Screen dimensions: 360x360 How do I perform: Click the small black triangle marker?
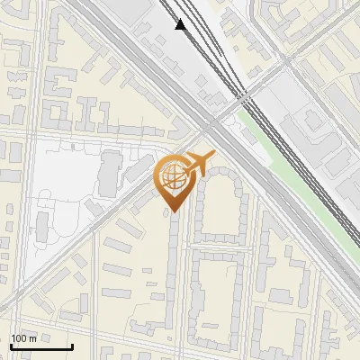click(x=182, y=24)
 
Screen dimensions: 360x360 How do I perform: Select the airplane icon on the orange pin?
click(x=200, y=164)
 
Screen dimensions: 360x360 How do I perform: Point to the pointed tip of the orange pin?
click(x=173, y=212)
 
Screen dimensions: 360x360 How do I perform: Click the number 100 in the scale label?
click(x=19, y=338)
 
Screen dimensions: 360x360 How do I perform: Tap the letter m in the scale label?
click(x=32, y=338)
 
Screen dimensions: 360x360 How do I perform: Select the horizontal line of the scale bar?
click(x=40, y=347)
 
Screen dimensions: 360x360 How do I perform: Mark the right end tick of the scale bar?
click(x=72, y=345)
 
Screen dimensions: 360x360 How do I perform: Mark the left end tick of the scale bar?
click(x=10, y=345)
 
